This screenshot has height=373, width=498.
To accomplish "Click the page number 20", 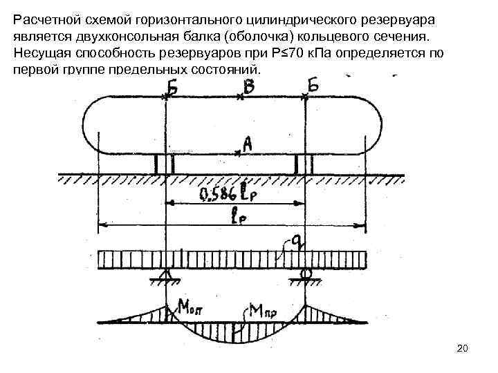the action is pos(463,350).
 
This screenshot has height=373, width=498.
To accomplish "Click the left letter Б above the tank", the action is pos(169,88).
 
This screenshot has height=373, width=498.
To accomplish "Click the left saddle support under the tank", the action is pos(165,164).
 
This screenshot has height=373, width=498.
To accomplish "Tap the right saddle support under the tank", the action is pos(304,164).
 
